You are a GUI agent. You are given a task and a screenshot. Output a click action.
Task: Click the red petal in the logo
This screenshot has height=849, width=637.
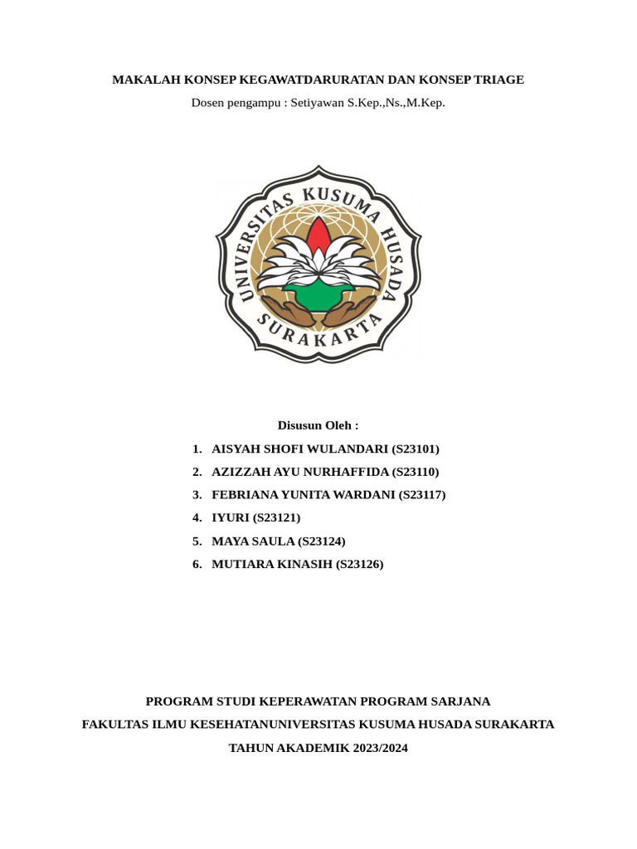tap(318, 235)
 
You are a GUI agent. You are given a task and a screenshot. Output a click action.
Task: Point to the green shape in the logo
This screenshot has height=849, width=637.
tap(318, 292)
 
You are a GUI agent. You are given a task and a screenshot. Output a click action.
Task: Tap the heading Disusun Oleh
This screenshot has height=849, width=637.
tap(318, 425)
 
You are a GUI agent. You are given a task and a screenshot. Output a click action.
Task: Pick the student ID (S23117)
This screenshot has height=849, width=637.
tap(422, 495)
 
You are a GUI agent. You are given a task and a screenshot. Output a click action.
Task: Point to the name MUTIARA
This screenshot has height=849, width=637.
tap(241, 565)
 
